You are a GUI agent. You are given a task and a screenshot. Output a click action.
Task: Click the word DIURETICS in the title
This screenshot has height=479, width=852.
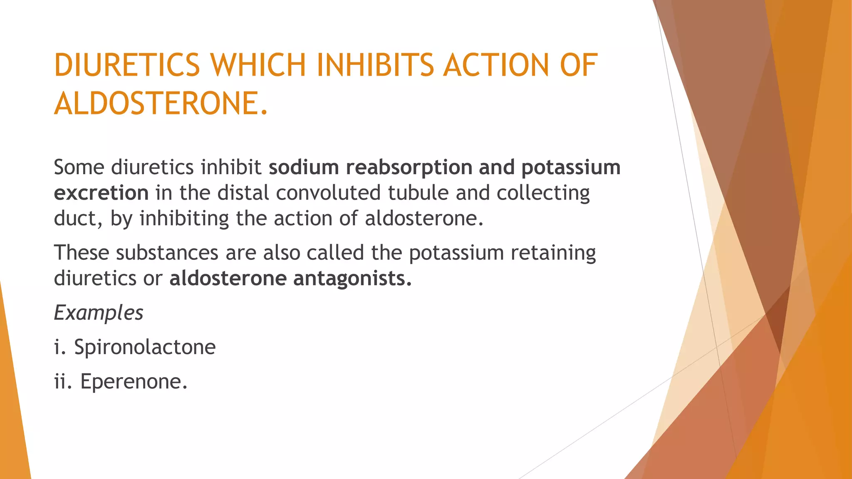127,66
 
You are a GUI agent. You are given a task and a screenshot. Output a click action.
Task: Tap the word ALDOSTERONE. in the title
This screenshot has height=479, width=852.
161,104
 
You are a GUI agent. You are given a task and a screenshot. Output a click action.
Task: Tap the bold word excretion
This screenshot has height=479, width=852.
101,193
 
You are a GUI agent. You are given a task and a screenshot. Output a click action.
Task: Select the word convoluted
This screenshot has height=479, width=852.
328,193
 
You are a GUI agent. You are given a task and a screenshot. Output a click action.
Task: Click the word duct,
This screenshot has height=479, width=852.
78,219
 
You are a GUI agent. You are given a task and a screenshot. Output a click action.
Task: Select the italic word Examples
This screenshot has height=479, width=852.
99,313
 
